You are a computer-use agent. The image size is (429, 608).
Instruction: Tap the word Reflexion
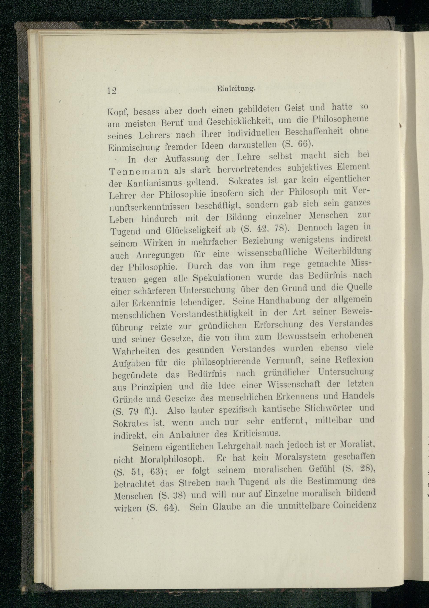[x=354, y=360]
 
